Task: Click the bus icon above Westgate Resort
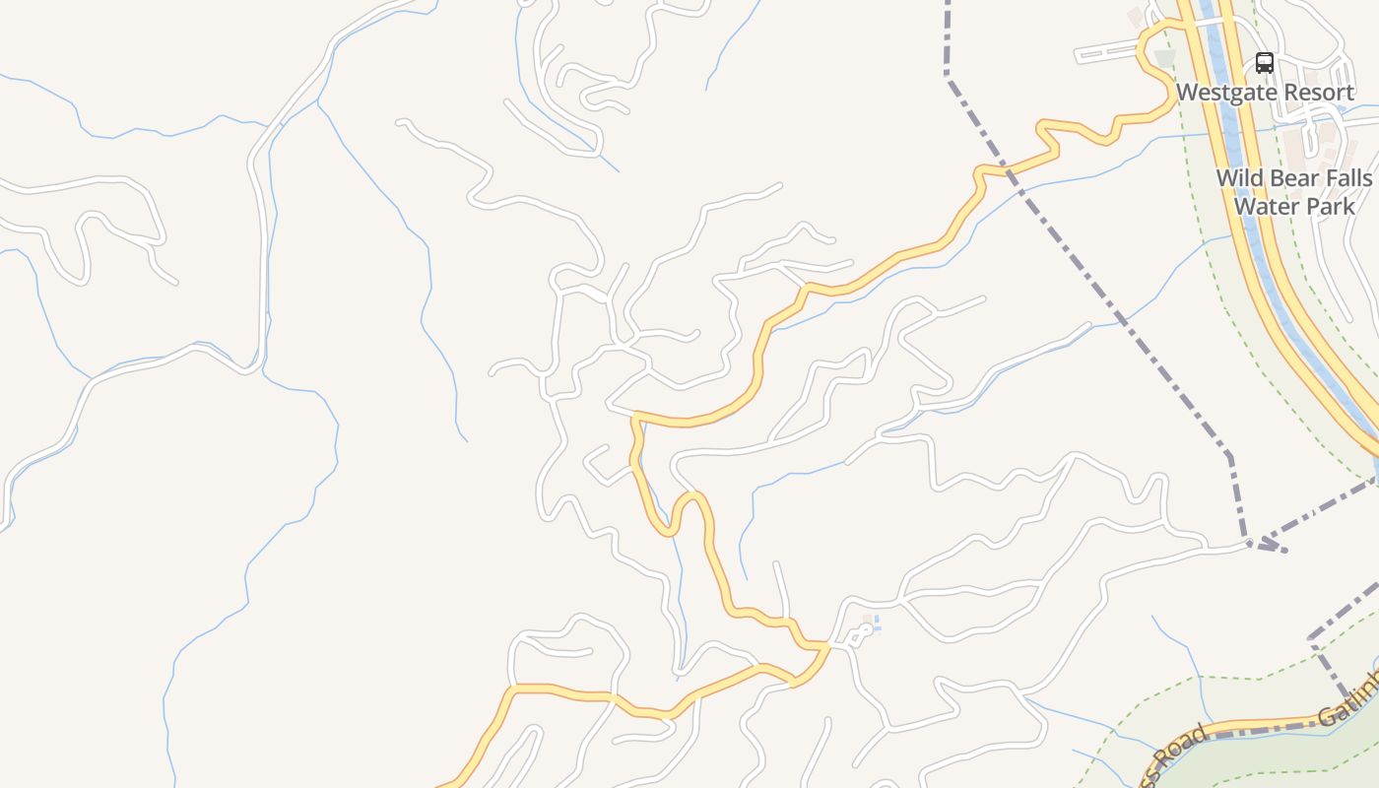[1265, 64]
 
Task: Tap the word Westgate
[1222, 93]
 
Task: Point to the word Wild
[1239, 178]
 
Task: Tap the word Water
[1265, 206]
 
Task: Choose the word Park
[1329, 206]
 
